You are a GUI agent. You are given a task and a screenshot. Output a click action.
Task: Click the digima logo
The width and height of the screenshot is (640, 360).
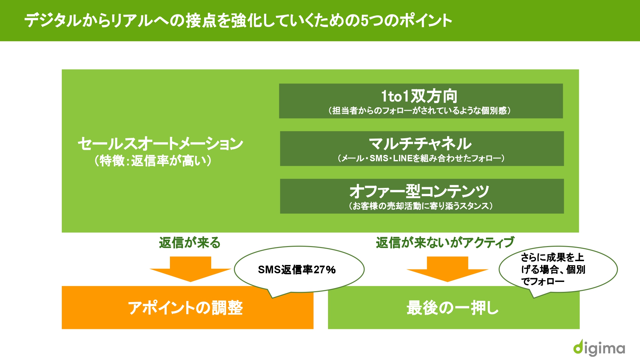599,348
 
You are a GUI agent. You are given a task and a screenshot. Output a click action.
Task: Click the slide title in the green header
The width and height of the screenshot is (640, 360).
238,20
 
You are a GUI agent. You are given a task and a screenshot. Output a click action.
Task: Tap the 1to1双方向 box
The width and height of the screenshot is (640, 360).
421,101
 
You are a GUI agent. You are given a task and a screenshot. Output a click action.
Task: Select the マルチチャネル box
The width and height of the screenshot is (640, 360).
422,148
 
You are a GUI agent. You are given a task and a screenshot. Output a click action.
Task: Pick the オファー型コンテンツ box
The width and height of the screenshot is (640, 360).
422,196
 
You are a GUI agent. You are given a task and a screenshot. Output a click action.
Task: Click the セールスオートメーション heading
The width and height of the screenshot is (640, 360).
160,143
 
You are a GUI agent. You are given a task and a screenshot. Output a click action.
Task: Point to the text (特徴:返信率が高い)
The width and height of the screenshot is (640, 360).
153,161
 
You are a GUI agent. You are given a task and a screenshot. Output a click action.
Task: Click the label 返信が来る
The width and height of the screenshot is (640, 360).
190,243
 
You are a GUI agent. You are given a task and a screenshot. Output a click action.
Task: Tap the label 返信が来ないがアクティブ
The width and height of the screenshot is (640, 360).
445,243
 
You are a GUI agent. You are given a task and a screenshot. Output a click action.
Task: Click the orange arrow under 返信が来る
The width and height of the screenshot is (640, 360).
190,269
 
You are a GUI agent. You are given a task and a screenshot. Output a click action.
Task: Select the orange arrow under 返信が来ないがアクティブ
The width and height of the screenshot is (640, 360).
447,269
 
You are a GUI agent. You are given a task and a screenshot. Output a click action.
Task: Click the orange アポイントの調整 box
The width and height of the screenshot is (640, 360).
188,308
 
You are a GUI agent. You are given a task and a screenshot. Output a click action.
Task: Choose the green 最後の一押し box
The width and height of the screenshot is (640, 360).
454,308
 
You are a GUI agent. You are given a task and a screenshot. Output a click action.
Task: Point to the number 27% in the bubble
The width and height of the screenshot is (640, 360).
324,270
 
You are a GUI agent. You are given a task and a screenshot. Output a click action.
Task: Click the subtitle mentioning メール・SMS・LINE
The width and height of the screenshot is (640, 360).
421,158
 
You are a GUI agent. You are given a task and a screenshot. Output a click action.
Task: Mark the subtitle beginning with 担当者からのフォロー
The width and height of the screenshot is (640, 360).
420,111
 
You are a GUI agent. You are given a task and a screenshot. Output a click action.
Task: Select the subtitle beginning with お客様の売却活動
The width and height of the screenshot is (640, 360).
421,206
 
